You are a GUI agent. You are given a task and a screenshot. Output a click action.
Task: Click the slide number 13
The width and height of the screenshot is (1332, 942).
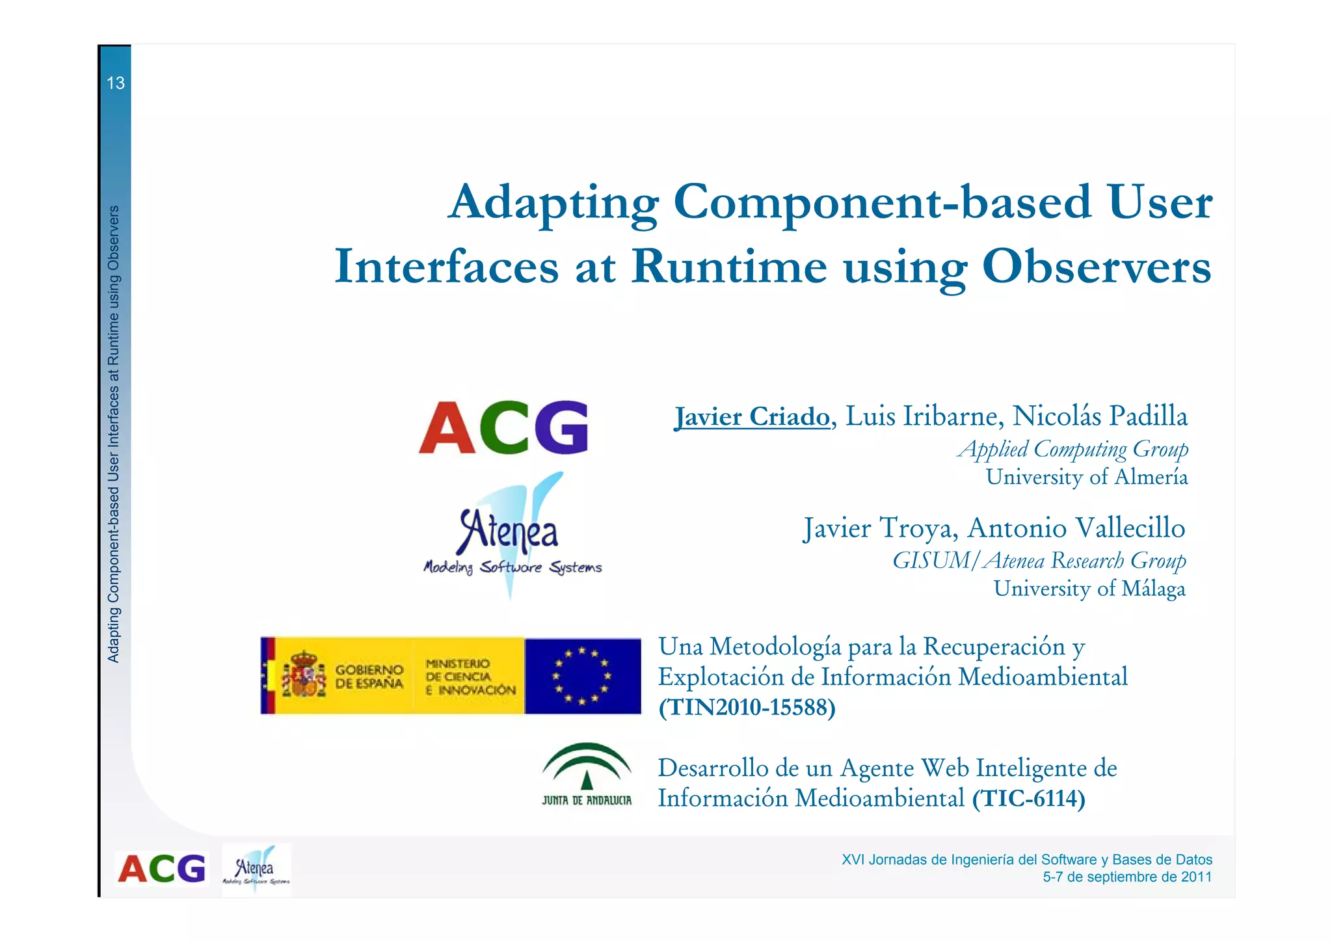pyautogui.click(x=115, y=83)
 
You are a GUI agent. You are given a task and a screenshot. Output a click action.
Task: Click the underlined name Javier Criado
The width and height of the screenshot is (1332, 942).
pyautogui.click(x=753, y=416)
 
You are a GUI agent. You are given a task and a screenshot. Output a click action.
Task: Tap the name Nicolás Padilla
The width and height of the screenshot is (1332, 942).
pyautogui.click(x=1100, y=416)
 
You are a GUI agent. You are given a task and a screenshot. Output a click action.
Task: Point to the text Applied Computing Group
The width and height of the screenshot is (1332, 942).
pyautogui.click(x=1073, y=449)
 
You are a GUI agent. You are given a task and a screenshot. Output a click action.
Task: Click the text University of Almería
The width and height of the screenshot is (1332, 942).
pyautogui.click(x=1087, y=477)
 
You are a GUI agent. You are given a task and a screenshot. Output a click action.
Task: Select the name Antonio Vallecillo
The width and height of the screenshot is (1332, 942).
pyautogui.click(x=1076, y=528)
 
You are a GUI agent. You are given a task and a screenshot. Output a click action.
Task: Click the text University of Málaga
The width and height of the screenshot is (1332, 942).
pyautogui.click(x=1089, y=589)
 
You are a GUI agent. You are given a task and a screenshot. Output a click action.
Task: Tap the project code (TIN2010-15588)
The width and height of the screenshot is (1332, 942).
pyautogui.click(x=747, y=707)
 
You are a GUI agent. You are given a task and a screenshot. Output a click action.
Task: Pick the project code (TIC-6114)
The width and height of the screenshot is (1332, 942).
pyautogui.click(x=1029, y=798)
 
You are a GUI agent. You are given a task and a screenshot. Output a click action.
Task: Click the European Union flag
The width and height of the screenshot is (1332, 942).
pyautogui.click(x=582, y=677)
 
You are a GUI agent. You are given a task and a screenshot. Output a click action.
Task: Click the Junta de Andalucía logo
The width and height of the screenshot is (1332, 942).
pyautogui.click(x=587, y=774)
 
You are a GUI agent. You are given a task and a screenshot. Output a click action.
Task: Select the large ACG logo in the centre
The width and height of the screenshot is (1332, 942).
pyautogui.click(x=504, y=427)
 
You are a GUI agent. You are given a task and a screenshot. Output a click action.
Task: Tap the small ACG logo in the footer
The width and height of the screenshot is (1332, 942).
pyautogui.click(x=161, y=869)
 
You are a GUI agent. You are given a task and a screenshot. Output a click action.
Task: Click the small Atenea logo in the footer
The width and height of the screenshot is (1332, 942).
pyautogui.click(x=256, y=870)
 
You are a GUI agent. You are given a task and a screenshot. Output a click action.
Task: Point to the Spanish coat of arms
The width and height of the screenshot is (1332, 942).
pyautogui.click(x=304, y=674)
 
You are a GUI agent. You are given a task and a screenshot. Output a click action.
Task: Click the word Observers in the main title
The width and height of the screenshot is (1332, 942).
pyautogui.click(x=1097, y=267)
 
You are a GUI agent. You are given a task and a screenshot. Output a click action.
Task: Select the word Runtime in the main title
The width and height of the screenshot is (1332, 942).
pyautogui.click(x=729, y=267)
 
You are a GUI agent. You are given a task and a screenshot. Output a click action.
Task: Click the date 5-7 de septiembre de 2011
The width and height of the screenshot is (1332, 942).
pyautogui.click(x=1127, y=877)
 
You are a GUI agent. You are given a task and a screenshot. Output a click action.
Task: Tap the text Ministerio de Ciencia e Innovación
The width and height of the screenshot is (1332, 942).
pyautogui.click(x=470, y=677)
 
